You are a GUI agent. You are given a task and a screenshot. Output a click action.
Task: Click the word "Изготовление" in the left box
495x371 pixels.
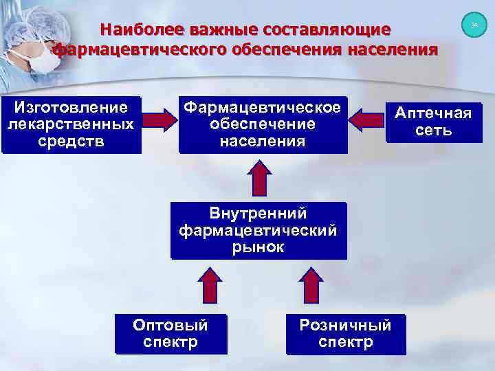[x=71, y=108]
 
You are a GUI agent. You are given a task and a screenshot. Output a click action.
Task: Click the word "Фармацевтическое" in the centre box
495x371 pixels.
[x=262, y=108]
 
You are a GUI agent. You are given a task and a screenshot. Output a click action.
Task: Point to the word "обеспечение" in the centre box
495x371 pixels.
[x=262, y=125]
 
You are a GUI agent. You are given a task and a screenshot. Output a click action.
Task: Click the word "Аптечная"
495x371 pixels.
[x=433, y=113]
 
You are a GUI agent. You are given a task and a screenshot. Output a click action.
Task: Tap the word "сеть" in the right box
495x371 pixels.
[x=433, y=131]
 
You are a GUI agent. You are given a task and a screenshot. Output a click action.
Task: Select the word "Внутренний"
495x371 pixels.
[x=258, y=214]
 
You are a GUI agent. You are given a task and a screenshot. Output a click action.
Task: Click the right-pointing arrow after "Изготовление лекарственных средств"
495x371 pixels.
[x=160, y=120]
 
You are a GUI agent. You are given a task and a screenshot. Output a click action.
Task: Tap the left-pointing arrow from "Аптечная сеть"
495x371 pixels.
[x=366, y=120]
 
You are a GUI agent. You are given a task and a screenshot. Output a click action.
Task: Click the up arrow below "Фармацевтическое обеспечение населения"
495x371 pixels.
[x=259, y=178]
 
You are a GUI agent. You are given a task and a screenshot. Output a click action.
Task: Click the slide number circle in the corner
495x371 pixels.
[x=474, y=25]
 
